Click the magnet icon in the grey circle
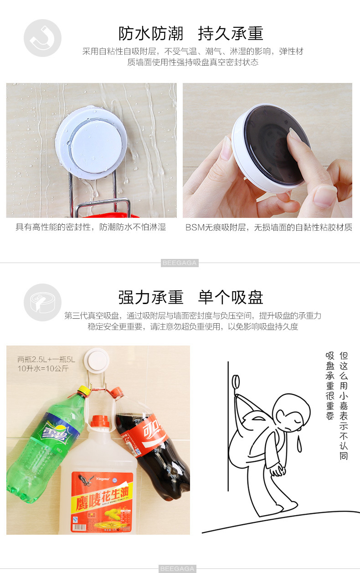point(42,38)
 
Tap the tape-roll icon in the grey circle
point(42,302)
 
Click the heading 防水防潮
point(150,34)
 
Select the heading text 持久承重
point(231,34)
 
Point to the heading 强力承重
point(150,298)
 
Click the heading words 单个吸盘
point(231,298)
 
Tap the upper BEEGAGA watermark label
point(180,263)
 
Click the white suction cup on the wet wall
point(91,143)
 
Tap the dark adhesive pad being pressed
point(278,145)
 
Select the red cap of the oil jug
point(100,421)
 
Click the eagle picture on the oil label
point(86,480)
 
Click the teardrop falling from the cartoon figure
point(299,444)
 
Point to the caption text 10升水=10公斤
point(43,369)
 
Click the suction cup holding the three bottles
point(97,361)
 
